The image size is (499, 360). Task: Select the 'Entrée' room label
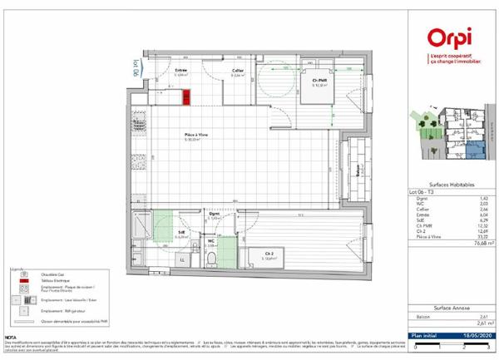pos(180,71)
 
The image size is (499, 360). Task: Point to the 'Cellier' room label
pos(238,71)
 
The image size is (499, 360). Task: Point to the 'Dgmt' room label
pos(214,215)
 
